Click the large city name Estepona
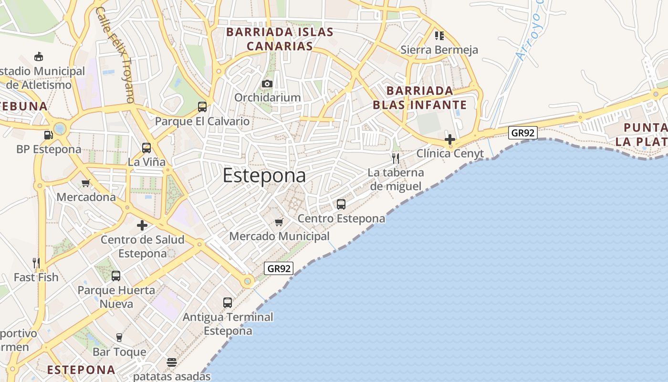click(x=264, y=176)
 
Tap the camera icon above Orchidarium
click(x=267, y=84)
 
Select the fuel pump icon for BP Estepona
click(x=48, y=135)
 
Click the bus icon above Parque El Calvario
click(x=202, y=107)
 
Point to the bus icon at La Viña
click(x=146, y=148)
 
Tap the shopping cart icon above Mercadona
click(x=86, y=183)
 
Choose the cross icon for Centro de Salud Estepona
click(x=142, y=225)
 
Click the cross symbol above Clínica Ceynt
click(x=449, y=139)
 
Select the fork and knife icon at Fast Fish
click(x=36, y=263)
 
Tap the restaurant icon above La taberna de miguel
click(x=396, y=158)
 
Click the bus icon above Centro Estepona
click(x=341, y=204)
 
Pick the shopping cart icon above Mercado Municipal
click(x=279, y=222)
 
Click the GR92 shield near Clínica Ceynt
click(x=523, y=133)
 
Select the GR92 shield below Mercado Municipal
click(x=279, y=268)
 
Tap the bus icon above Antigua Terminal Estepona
click(x=228, y=302)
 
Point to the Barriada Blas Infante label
click(x=420, y=98)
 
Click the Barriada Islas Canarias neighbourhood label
click(x=280, y=39)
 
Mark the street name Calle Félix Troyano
click(x=115, y=54)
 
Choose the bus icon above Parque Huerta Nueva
click(x=116, y=276)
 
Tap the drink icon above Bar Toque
click(x=119, y=338)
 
